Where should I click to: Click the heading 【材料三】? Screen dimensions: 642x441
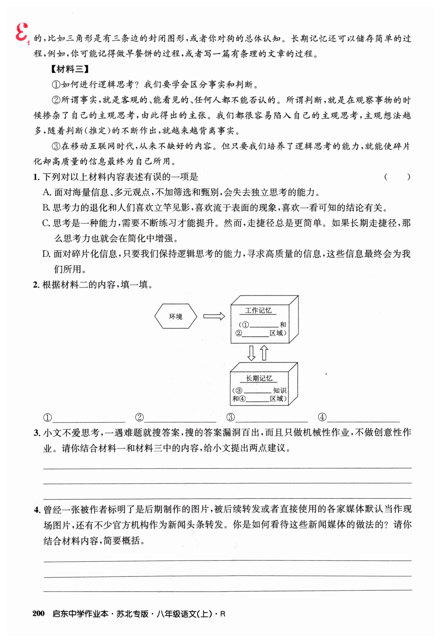(70, 69)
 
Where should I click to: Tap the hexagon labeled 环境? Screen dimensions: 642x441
(176, 316)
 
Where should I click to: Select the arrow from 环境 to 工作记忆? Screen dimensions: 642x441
(214, 316)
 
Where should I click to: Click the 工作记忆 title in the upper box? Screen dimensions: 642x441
(258, 311)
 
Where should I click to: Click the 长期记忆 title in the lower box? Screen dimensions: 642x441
(259, 378)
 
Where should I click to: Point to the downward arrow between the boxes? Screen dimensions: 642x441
(251, 353)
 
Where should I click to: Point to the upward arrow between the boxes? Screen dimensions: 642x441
(264, 353)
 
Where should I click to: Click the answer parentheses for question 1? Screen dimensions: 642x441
(397, 177)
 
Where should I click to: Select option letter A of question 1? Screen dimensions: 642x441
(47, 192)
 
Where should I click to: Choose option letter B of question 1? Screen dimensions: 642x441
(46, 208)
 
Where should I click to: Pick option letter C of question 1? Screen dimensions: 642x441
(46, 223)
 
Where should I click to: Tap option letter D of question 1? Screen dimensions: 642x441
(46, 254)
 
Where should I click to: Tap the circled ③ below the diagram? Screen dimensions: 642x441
(230, 417)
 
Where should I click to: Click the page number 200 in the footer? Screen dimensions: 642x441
(39, 614)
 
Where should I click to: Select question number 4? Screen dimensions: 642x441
(37, 510)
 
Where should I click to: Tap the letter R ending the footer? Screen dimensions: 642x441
(222, 614)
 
